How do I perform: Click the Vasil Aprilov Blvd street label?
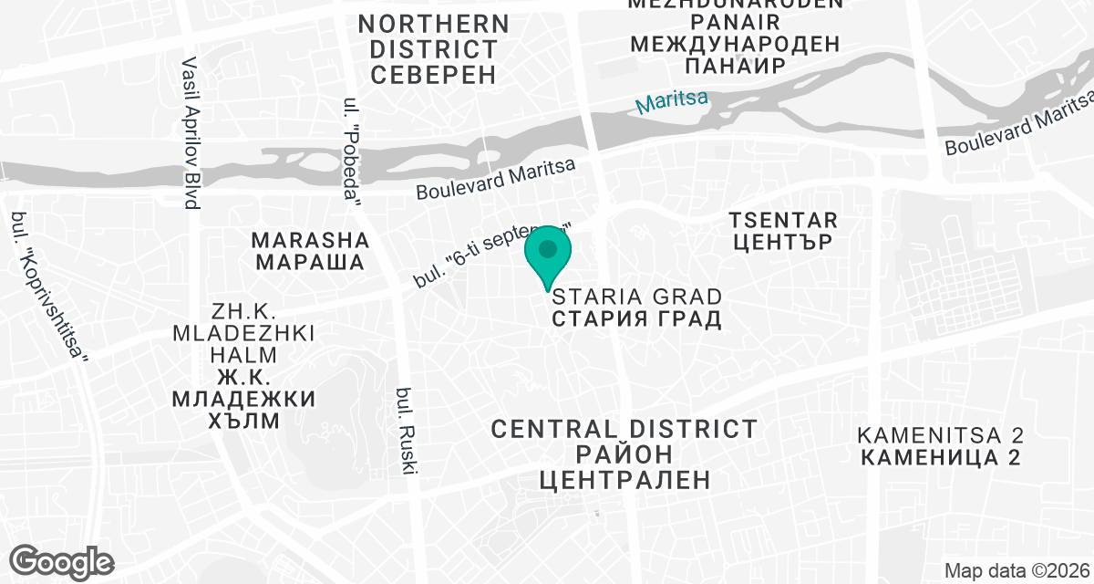pyautogui.click(x=191, y=133)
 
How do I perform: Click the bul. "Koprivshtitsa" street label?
pyautogui.click(x=49, y=288)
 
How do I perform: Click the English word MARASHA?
pyautogui.click(x=310, y=240)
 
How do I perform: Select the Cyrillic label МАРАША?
pyautogui.click(x=310, y=263)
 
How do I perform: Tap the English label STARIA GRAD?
pyautogui.click(x=637, y=297)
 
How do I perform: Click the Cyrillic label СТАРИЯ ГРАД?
pyautogui.click(x=637, y=319)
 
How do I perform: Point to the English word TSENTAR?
pyautogui.click(x=783, y=220)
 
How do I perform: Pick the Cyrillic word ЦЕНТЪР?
pyautogui.click(x=783, y=244)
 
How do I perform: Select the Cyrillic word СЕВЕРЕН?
pyautogui.click(x=434, y=73)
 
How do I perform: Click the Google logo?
pyautogui.click(x=63, y=560)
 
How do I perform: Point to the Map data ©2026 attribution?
pyautogui.click(x=1016, y=571)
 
